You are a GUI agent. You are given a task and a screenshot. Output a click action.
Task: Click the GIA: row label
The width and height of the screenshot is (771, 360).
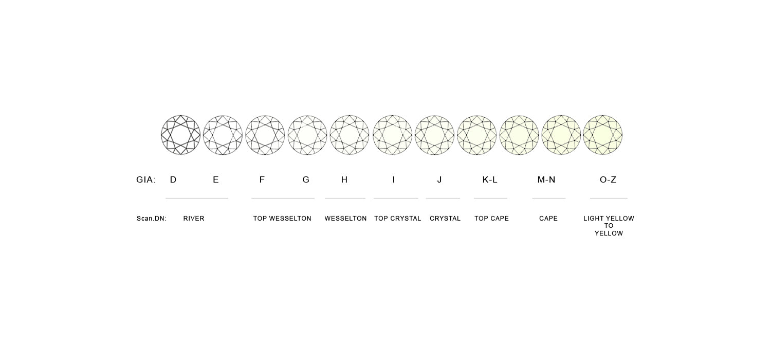[146, 179]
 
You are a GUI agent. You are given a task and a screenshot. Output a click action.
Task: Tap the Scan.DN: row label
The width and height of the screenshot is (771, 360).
[152, 219]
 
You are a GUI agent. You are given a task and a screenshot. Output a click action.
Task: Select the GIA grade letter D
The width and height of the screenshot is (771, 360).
[173, 179]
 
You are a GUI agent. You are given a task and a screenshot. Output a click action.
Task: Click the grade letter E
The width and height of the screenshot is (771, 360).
[216, 179]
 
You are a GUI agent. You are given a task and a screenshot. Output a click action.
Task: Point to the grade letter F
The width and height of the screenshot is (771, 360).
[262, 179]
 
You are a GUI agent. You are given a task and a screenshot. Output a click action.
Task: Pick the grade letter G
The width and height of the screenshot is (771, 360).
[306, 179]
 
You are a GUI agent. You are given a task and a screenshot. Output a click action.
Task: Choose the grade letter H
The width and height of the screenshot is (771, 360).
[344, 179]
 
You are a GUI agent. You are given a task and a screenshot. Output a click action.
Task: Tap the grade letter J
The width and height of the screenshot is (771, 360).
[439, 179]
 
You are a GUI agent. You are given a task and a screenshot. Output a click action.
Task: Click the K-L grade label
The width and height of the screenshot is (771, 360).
[490, 179]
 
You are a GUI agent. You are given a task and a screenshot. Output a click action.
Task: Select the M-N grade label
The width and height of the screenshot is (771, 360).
[546, 179]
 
